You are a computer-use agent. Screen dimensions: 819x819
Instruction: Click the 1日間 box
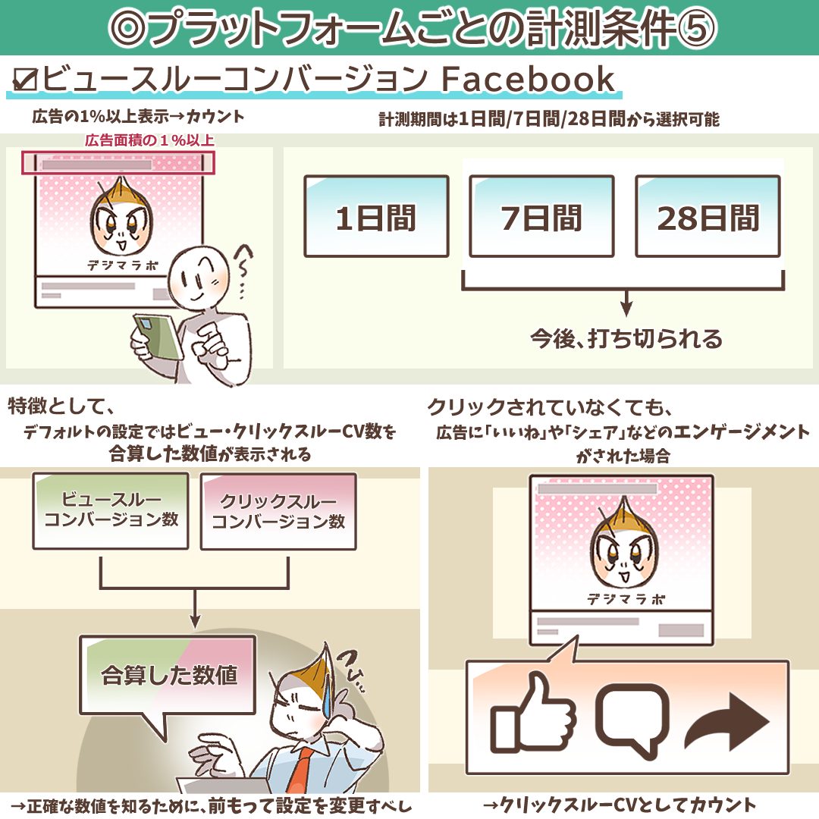pos(377,216)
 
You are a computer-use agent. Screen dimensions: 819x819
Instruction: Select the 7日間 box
pos(541,216)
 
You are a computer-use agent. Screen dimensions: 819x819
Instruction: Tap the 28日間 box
pos(708,216)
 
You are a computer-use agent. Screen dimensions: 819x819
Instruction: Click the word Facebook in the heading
pos(528,80)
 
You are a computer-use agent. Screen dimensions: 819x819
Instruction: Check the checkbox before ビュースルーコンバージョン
pos(24,80)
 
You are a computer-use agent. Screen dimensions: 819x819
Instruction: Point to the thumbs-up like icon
pos(532,712)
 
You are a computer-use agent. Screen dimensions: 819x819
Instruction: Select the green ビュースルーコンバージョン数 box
pos(111,511)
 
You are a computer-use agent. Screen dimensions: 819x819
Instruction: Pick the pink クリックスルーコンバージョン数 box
pos(278,512)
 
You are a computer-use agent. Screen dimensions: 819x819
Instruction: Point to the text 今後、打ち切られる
pos(626,339)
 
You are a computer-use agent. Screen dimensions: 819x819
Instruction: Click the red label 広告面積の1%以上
pos(149,140)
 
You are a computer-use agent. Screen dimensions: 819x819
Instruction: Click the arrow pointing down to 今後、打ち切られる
pos(626,303)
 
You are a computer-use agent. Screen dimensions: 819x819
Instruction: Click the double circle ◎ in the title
pos(129,28)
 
